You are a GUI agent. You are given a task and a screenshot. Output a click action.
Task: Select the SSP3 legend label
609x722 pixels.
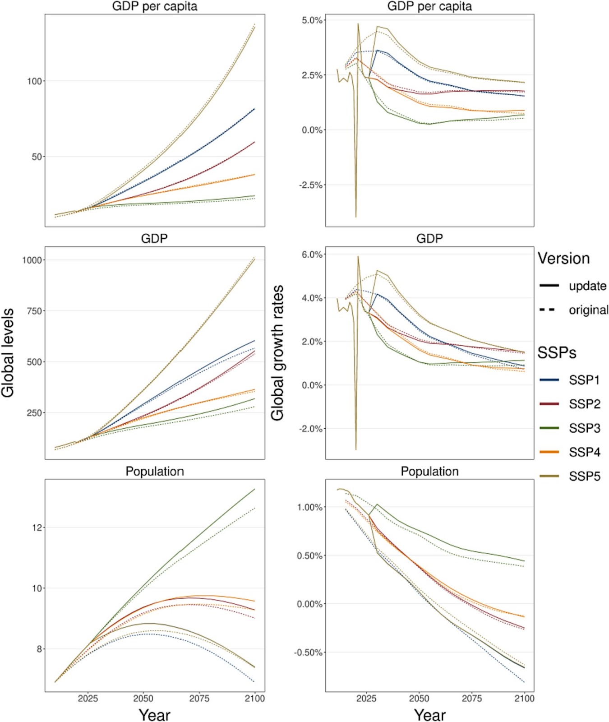(x=585, y=428)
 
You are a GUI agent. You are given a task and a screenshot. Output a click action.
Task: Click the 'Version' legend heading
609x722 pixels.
(x=563, y=259)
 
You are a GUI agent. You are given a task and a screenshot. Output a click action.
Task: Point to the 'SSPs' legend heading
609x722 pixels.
(x=557, y=352)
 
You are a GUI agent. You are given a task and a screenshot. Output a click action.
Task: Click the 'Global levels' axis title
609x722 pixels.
(x=8, y=353)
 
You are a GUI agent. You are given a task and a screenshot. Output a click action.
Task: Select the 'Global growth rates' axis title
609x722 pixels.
(x=277, y=353)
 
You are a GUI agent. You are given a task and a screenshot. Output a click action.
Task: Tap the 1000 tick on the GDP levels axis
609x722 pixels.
(x=32, y=260)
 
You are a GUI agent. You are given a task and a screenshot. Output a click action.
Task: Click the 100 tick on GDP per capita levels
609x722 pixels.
(x=34, y=81)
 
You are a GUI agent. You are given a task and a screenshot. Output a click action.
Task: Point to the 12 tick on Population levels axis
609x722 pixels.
(x=36, y=528)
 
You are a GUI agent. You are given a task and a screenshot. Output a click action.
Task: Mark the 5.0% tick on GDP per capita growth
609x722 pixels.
(x=312, y=20)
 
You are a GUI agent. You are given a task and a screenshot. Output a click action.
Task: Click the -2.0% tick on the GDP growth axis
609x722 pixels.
(x=311, y=429)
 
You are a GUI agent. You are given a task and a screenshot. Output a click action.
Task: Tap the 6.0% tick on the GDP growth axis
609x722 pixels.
(x=312, y=255)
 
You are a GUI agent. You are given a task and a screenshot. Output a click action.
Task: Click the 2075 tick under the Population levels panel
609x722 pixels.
(x=199, y=699)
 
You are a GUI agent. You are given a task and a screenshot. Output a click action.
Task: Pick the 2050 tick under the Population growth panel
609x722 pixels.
(x=419, y=699)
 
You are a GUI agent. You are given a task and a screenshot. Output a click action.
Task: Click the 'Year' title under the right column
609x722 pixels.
(x=430, y=715)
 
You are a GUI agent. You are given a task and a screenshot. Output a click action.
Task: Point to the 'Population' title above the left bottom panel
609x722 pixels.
(x=155, y=472)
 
